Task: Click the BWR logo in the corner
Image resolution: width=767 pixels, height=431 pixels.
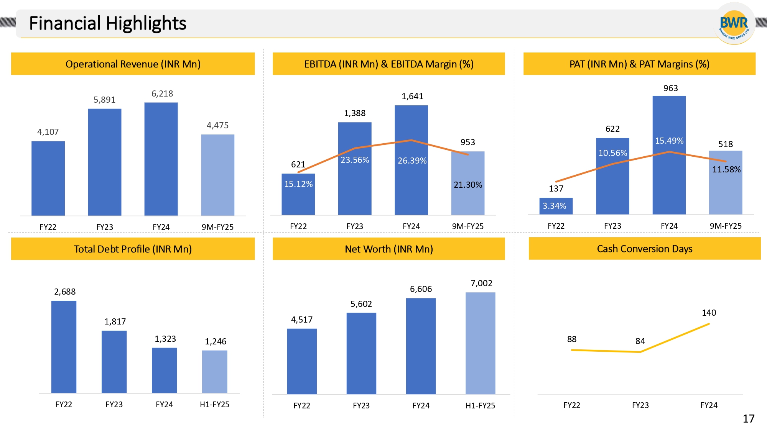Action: coord(734,24)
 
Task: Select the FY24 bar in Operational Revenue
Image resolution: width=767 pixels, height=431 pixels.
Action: coord(161,159)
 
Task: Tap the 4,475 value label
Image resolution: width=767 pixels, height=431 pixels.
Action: coord(217,125)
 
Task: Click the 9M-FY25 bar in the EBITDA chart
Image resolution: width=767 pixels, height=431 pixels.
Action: coord(468,183)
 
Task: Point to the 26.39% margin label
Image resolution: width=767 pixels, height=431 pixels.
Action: coord(412,161)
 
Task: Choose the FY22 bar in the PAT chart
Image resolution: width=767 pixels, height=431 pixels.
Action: coord(556,206)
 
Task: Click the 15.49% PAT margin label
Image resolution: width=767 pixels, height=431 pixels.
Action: coord(669,141)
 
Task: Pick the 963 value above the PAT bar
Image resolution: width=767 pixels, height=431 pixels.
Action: coord(670,88)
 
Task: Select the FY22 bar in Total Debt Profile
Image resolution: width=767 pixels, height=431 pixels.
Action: coord(64,347)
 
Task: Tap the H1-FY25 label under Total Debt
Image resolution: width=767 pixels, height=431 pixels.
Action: coord(214,405)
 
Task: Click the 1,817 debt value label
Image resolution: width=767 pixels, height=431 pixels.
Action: coord(115,321)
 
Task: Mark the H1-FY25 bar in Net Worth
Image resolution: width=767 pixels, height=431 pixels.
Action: coord(480,343)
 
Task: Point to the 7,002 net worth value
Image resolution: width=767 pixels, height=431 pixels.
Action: coord(481,283)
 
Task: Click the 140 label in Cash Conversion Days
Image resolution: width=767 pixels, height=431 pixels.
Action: coord(709,313)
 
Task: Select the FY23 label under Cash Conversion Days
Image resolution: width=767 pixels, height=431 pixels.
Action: coord(640,405)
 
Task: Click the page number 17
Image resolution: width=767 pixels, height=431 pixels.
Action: coord(748,418)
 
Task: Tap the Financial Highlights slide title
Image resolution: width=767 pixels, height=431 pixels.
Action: coord(108,23)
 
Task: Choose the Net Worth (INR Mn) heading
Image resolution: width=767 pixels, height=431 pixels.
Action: coord(388,249)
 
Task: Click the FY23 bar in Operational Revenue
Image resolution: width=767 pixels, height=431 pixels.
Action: coord(105,162)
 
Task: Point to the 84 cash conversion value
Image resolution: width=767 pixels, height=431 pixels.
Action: coord(640,341)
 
